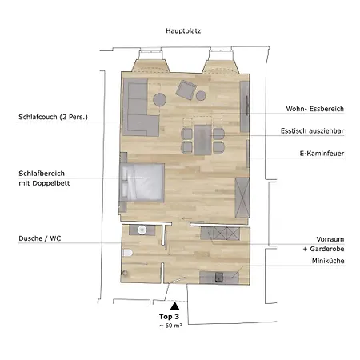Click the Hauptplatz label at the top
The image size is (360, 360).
tap(183, 31)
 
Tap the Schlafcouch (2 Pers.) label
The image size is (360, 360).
tap(53, 117)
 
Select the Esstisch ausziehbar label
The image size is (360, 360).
tap(312, 131)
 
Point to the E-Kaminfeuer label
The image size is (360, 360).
tap(322, 154)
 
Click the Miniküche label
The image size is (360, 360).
tap(328, 261)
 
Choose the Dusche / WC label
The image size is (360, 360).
tap(40, 238)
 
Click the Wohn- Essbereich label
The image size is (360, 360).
tap(315, 109)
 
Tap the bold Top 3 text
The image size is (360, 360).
tap(169, 317)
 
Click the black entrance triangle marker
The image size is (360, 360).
tap(174, 306)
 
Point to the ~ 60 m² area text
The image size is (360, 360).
tap(170, 326)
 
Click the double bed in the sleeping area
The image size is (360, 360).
tap(142, 182)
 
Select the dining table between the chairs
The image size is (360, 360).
tap(202, 140)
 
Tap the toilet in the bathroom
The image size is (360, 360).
tap(127, 253)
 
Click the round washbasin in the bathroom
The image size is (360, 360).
tap(142, 230)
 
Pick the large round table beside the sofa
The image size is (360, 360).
tap(160, 99)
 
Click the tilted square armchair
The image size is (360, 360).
tap(186, 90)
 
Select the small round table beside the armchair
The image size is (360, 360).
tap(201, 95)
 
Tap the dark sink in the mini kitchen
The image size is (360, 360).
tap(219, 277)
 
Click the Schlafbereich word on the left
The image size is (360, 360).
tap(42, 174)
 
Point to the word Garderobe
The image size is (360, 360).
tap(327, 249)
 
